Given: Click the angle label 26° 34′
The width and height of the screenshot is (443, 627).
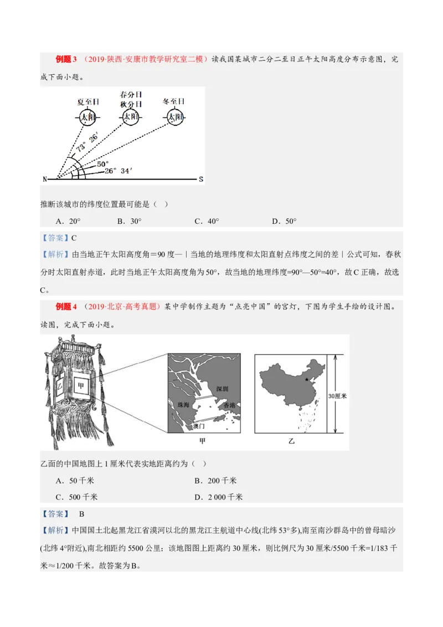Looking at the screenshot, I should click(118, 171).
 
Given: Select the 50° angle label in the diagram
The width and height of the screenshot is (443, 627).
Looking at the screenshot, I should click(103, 164).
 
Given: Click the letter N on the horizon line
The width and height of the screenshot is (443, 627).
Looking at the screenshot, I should click(44, 179).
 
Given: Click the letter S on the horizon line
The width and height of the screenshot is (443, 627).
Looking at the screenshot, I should click(201, 179).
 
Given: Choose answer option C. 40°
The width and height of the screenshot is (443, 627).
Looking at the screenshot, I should click(207, 221).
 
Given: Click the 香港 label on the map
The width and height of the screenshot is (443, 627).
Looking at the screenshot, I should click(229, 406).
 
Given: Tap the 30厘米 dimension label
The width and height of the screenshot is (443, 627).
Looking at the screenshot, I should click(337, 396).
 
